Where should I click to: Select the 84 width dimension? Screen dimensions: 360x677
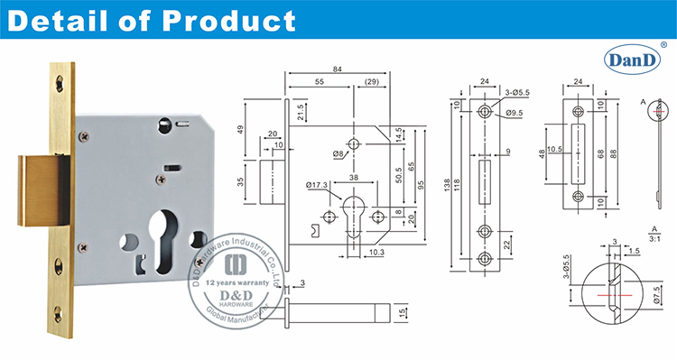pyautogui.click(x=338, y=70)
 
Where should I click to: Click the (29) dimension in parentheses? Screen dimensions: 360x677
pyautogui.click(x=372, y=82)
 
